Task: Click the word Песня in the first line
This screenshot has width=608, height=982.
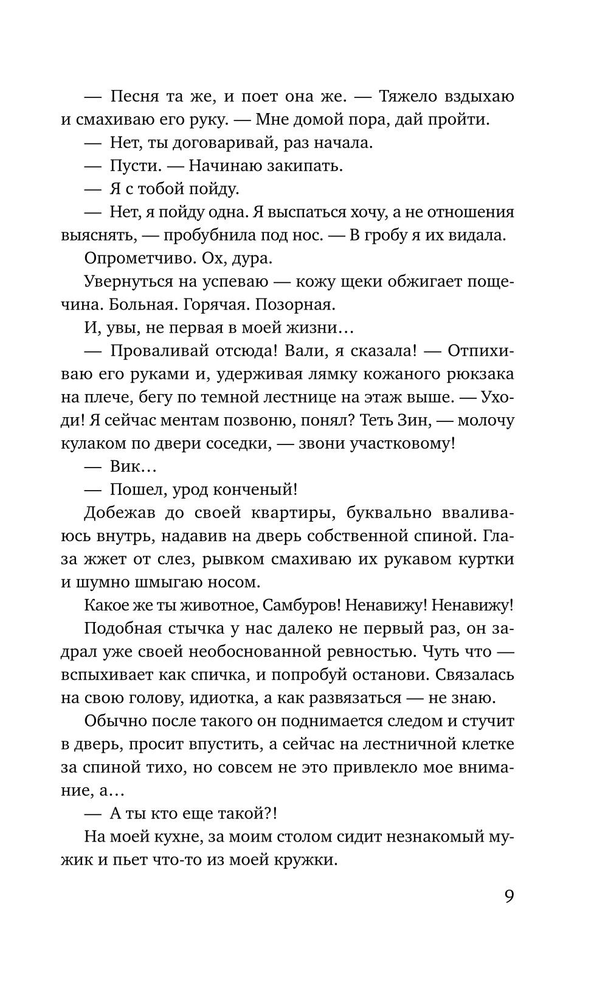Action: point(134,96)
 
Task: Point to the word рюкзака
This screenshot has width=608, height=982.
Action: point(479,374)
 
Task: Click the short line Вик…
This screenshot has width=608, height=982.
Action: point(133,466)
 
